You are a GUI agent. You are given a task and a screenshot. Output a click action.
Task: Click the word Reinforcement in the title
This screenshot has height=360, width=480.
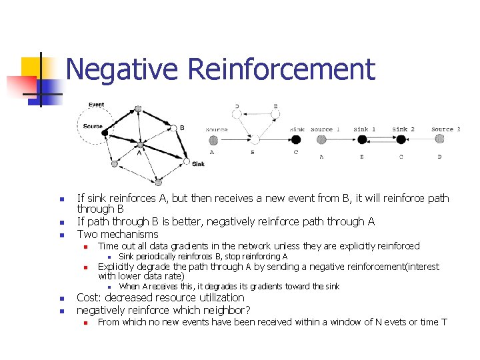[x=281, y=70]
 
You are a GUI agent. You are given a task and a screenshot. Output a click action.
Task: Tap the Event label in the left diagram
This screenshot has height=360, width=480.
[x=96, y=105]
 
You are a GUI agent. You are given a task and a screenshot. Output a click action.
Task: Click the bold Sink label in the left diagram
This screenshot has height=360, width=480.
[x=198, y=164]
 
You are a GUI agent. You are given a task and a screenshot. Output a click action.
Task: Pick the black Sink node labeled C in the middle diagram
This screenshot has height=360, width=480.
[x=296, y=140]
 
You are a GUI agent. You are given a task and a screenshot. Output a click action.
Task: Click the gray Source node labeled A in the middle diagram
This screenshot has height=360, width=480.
[x=213, y=140]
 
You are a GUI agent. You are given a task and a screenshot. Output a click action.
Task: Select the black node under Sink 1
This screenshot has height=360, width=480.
[x=362, y=140]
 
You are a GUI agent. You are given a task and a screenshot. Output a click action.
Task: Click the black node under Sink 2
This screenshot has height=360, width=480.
[x=401, y=140]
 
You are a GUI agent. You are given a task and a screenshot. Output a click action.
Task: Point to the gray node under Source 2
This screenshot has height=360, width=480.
[x=439, y=139]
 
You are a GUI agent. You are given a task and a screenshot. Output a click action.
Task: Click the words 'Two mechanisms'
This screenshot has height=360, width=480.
[x=118, y=235]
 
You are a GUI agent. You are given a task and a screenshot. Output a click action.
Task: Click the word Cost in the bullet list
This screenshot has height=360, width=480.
[x=89, y=298]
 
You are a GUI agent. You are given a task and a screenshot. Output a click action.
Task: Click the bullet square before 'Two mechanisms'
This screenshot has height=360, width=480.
[x=61, y=235]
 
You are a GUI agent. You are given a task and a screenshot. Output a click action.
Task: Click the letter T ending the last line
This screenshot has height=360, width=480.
[x=444, y=323]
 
